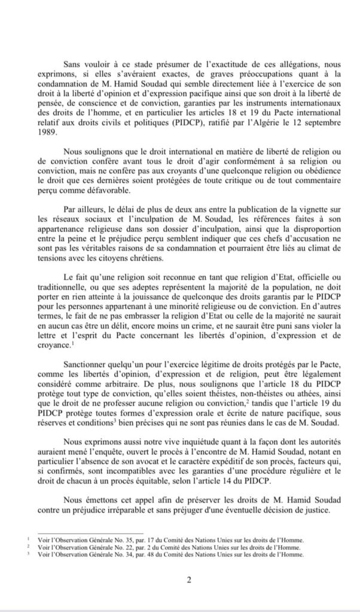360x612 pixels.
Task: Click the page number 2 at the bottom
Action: click(188, 579)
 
